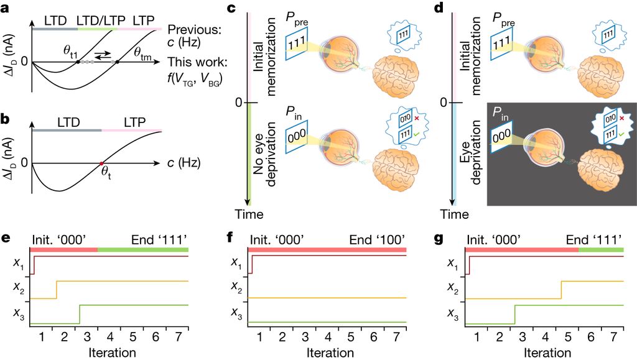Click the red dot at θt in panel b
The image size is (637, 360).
[x=102, y=164]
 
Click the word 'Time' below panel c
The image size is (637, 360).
[x=249, y=214]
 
